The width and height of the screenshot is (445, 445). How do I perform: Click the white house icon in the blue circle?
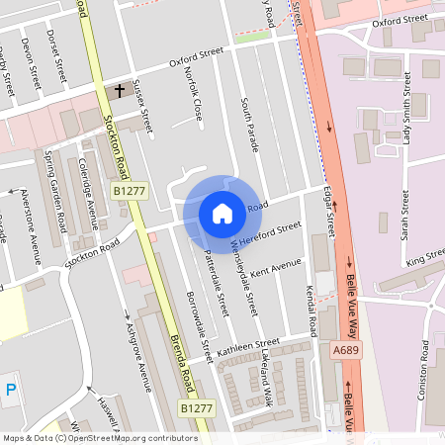click(222, 213)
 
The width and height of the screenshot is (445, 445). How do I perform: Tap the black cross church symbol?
click(120, 91)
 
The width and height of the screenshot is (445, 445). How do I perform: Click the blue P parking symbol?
click(11, 389)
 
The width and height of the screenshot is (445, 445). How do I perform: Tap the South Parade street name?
click(247, 123)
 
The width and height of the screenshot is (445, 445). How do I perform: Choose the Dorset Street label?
click(56, 55)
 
